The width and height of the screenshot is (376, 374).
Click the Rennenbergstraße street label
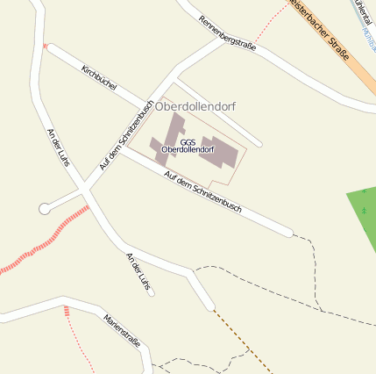tap(227, 33)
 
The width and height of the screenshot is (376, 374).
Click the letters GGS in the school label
tap(188, 141)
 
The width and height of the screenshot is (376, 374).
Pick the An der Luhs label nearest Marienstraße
tap(138, 272)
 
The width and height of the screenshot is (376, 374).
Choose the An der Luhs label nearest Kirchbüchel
tap(58, 147)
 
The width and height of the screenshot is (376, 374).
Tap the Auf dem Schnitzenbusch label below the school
tap(202, 190)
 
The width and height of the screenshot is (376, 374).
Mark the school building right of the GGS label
tap(220, 153)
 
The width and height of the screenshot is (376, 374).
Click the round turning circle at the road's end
tap(44, 208)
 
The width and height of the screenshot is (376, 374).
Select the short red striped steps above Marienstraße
tap(67, 311)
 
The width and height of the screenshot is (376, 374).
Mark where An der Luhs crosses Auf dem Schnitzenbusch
tap(84, 190)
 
